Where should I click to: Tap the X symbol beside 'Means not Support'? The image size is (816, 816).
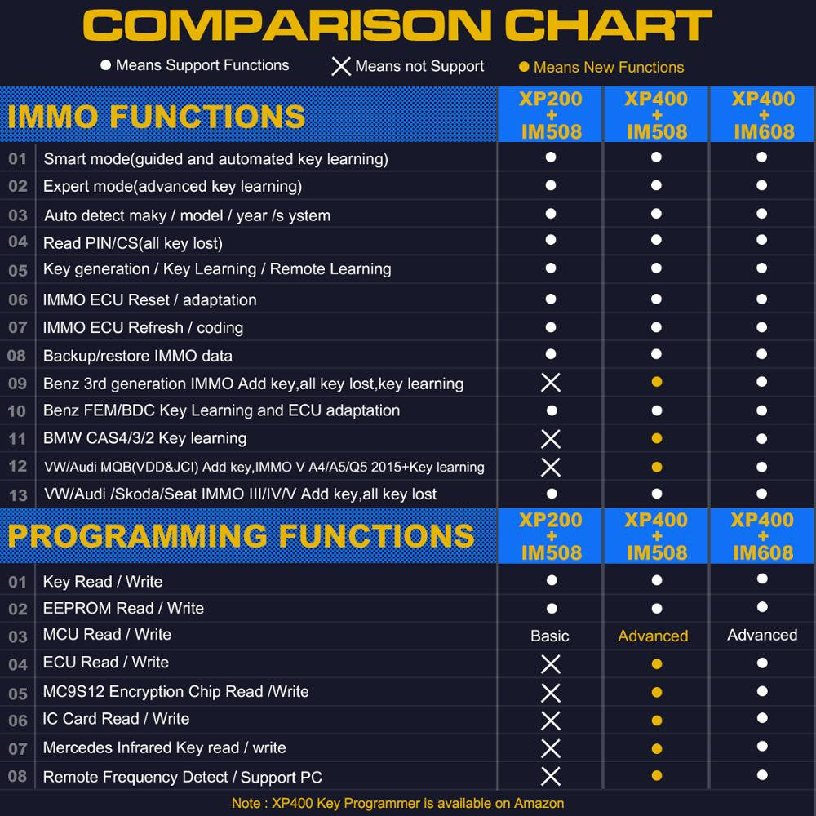coord(341,66)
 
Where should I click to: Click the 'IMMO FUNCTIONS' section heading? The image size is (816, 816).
coord(157,117)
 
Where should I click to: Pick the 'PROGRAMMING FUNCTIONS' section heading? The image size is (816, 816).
coord(241,536)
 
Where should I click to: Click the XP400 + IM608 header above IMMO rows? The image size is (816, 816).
coord(763,115)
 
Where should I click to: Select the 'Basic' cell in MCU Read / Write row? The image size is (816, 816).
coord(550,636)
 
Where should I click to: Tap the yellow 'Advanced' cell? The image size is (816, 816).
coord(653,636)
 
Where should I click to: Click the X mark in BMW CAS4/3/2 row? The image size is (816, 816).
coord(551,439)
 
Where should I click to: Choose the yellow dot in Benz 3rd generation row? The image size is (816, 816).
coord(657,382)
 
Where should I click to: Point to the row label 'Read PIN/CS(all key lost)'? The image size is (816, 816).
coord(133,243)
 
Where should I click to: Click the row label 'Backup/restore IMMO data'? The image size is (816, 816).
coord(138,356)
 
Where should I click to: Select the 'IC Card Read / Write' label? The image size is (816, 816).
coord(117,719)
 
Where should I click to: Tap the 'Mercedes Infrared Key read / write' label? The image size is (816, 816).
coord(165,747)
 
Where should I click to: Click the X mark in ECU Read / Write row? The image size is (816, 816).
coord(551,664)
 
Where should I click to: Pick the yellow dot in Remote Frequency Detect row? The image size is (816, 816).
coord(657,776)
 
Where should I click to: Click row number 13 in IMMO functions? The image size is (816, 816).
coord(18,494)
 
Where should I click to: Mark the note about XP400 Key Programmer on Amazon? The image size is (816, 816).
coord(397,803)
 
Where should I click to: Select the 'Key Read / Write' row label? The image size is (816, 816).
coord(103,582)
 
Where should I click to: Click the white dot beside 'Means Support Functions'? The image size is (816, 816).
coord(105,65)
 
